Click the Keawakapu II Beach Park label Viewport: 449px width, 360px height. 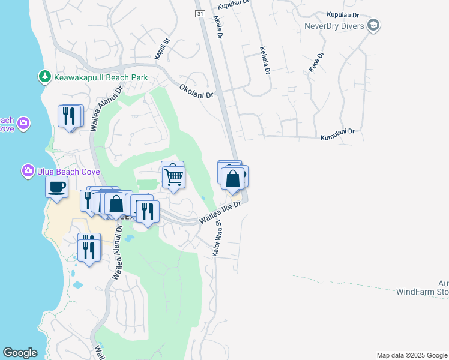(x=101, y=77)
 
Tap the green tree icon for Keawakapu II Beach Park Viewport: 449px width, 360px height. (x=44, y=77)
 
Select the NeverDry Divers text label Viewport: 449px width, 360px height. (x=334, y=26)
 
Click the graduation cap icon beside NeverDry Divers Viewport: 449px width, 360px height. (x=373, y=26)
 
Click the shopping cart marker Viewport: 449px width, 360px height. (x=173, y=178)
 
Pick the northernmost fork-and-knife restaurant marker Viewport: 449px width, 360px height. (x=71, y=115)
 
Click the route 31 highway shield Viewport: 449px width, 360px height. (x=200, y=13)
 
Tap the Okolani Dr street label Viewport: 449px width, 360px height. (x=196, y=91)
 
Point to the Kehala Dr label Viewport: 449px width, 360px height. (x=264, y=61)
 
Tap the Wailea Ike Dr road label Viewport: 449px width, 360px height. (x=220, y=212)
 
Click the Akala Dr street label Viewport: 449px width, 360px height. (x=217, y=28)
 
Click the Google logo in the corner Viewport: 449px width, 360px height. (x=20, y=353)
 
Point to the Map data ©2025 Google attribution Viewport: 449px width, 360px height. (x=411, y=355)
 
